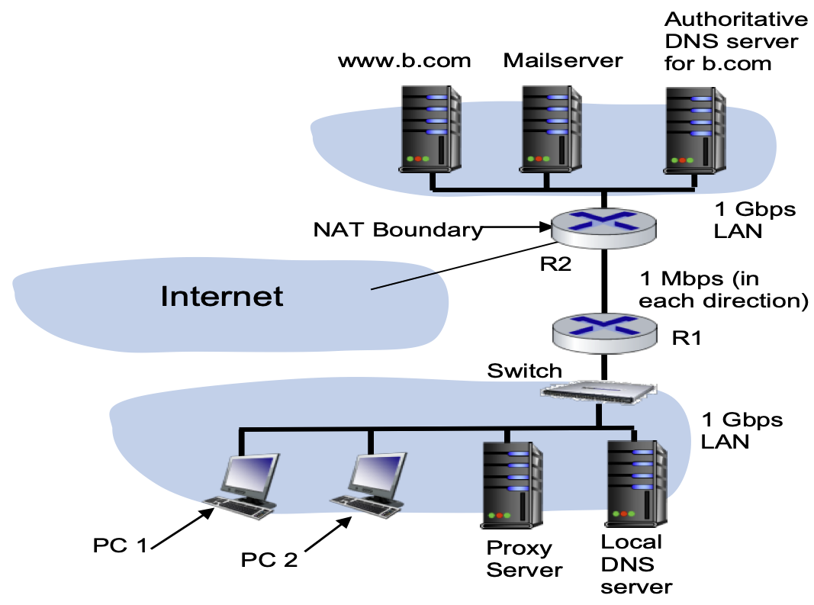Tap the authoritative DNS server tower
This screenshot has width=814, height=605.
click(x=693, y=127)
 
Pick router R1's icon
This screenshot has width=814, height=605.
click(x=603, y=329)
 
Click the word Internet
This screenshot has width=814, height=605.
click(x=221, y=296)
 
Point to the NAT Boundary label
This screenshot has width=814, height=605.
click(x=398, y=229)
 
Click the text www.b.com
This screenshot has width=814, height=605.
click(x=404, y=60)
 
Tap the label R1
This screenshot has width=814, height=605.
click(x=686, y=338)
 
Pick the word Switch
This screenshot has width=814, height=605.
click(x=524, y=371)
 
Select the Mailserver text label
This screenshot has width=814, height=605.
click(x=563, y=60)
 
